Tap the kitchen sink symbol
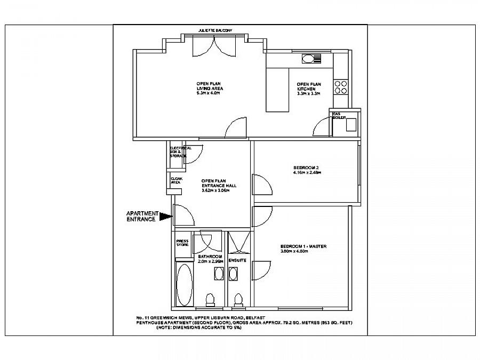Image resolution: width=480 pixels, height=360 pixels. tap(309, 59)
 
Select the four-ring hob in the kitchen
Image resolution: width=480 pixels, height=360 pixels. tap(341, 87)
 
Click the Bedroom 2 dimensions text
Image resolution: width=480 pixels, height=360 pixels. tap(307, 172)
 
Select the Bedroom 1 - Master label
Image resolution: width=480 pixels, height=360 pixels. tap(303, 246)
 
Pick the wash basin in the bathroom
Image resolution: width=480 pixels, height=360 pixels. tap(219, 274)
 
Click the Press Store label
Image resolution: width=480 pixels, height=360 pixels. tap(182, 243)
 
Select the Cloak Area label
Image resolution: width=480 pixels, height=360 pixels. tap(175, 181)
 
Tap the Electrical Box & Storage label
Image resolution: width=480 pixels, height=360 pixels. tap(178, 151)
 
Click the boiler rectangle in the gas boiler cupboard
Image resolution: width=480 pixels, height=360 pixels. tap(350, 124)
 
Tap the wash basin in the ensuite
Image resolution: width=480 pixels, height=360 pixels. tap(234, 274)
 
